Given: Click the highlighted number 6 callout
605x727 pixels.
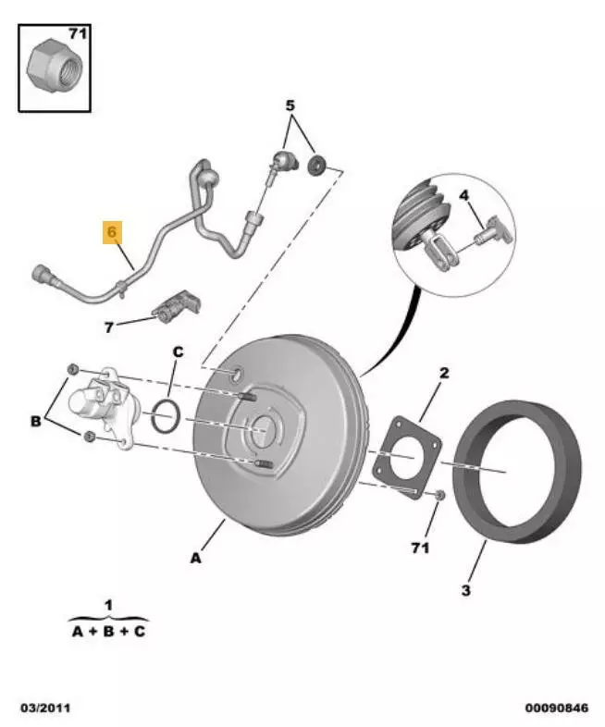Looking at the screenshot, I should pos(112,232).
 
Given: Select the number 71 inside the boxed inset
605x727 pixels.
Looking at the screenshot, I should pos(77,34).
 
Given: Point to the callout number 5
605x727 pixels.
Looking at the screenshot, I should pos(290,105).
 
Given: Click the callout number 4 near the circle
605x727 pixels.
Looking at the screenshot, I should pos(464,195).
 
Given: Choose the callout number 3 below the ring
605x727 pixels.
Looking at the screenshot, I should pos(466,589).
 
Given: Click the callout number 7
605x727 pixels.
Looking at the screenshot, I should pos(108,327).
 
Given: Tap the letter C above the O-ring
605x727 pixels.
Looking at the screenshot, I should pos(179,352).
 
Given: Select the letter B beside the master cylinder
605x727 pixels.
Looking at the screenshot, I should pos(35,421).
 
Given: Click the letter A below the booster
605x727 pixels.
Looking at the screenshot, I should pos(195,558).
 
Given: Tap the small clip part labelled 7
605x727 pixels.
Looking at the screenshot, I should pos(177,306).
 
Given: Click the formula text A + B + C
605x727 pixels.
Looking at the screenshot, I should pos(108,632).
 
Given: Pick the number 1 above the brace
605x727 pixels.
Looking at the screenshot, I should pos(108,605).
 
